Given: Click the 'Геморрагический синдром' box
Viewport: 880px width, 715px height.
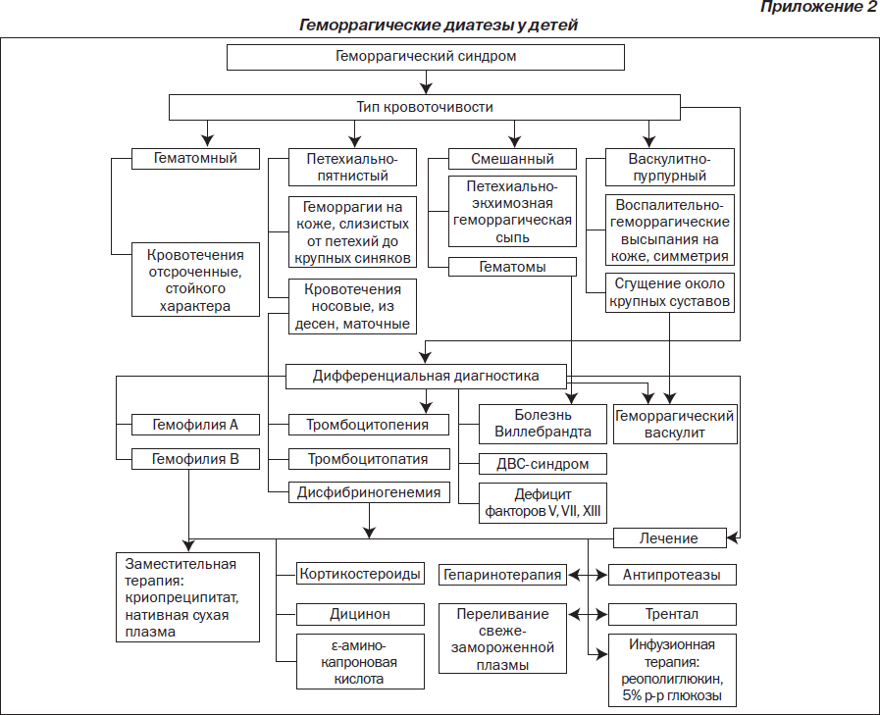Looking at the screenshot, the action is click(x=426, y=57).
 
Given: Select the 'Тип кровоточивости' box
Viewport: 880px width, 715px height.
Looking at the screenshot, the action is click(x=424, y=107).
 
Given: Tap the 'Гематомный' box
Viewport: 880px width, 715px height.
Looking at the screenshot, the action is click(x=195, y=159).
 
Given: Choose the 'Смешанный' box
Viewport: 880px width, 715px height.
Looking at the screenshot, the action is click(x=512, y=159).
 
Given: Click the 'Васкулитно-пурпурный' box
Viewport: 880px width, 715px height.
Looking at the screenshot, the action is click(x=669, y=168).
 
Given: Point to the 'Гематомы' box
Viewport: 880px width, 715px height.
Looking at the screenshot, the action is click(x=512, y=267).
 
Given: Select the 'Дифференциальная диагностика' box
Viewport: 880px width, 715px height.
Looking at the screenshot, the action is click(x=426, y=376).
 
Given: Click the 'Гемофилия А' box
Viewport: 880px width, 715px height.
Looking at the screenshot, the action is click(x=195, y=425).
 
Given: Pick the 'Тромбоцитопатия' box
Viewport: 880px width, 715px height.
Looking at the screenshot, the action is click(x=369, y=459).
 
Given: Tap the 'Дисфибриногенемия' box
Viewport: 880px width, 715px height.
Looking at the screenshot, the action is click(x=369, y=492).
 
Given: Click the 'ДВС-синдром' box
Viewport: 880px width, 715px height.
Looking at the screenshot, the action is click(x=543, y=464).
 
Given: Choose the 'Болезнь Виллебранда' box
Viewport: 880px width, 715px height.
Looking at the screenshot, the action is click(x=543, y=424).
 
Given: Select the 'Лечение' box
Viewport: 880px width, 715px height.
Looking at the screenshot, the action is click(x=669, y=538).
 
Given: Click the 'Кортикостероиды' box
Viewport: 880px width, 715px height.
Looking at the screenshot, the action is click(x=360, y=574).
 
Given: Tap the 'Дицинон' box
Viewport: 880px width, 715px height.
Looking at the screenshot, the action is click(x=360, y=614).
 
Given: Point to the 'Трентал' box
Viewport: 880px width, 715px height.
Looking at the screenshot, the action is click(x=672, y=614).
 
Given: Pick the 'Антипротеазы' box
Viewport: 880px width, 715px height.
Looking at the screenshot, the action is click(x=672, y=575).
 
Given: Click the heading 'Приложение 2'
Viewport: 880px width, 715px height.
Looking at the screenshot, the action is click(x=818, y=7).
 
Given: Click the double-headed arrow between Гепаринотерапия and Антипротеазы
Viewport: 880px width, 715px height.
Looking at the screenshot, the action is click(x=588, y=575).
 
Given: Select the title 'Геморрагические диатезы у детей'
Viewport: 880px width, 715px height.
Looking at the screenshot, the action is click(x=439, y=26).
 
